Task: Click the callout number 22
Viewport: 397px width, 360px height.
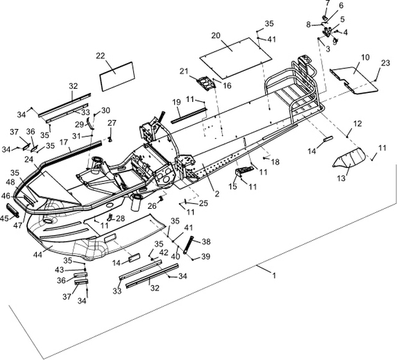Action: (x=100, y=55)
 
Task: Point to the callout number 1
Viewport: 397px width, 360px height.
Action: (x=274, y=275)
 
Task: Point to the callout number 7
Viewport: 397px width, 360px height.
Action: (x=327, y=3)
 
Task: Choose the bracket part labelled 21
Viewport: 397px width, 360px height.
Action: (x=205, y=83)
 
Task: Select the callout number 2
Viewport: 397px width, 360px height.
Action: (x=216, y=193)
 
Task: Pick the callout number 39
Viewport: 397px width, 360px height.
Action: (x=206, y=256)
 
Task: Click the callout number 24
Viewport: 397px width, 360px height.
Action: (x=28, y=160)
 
